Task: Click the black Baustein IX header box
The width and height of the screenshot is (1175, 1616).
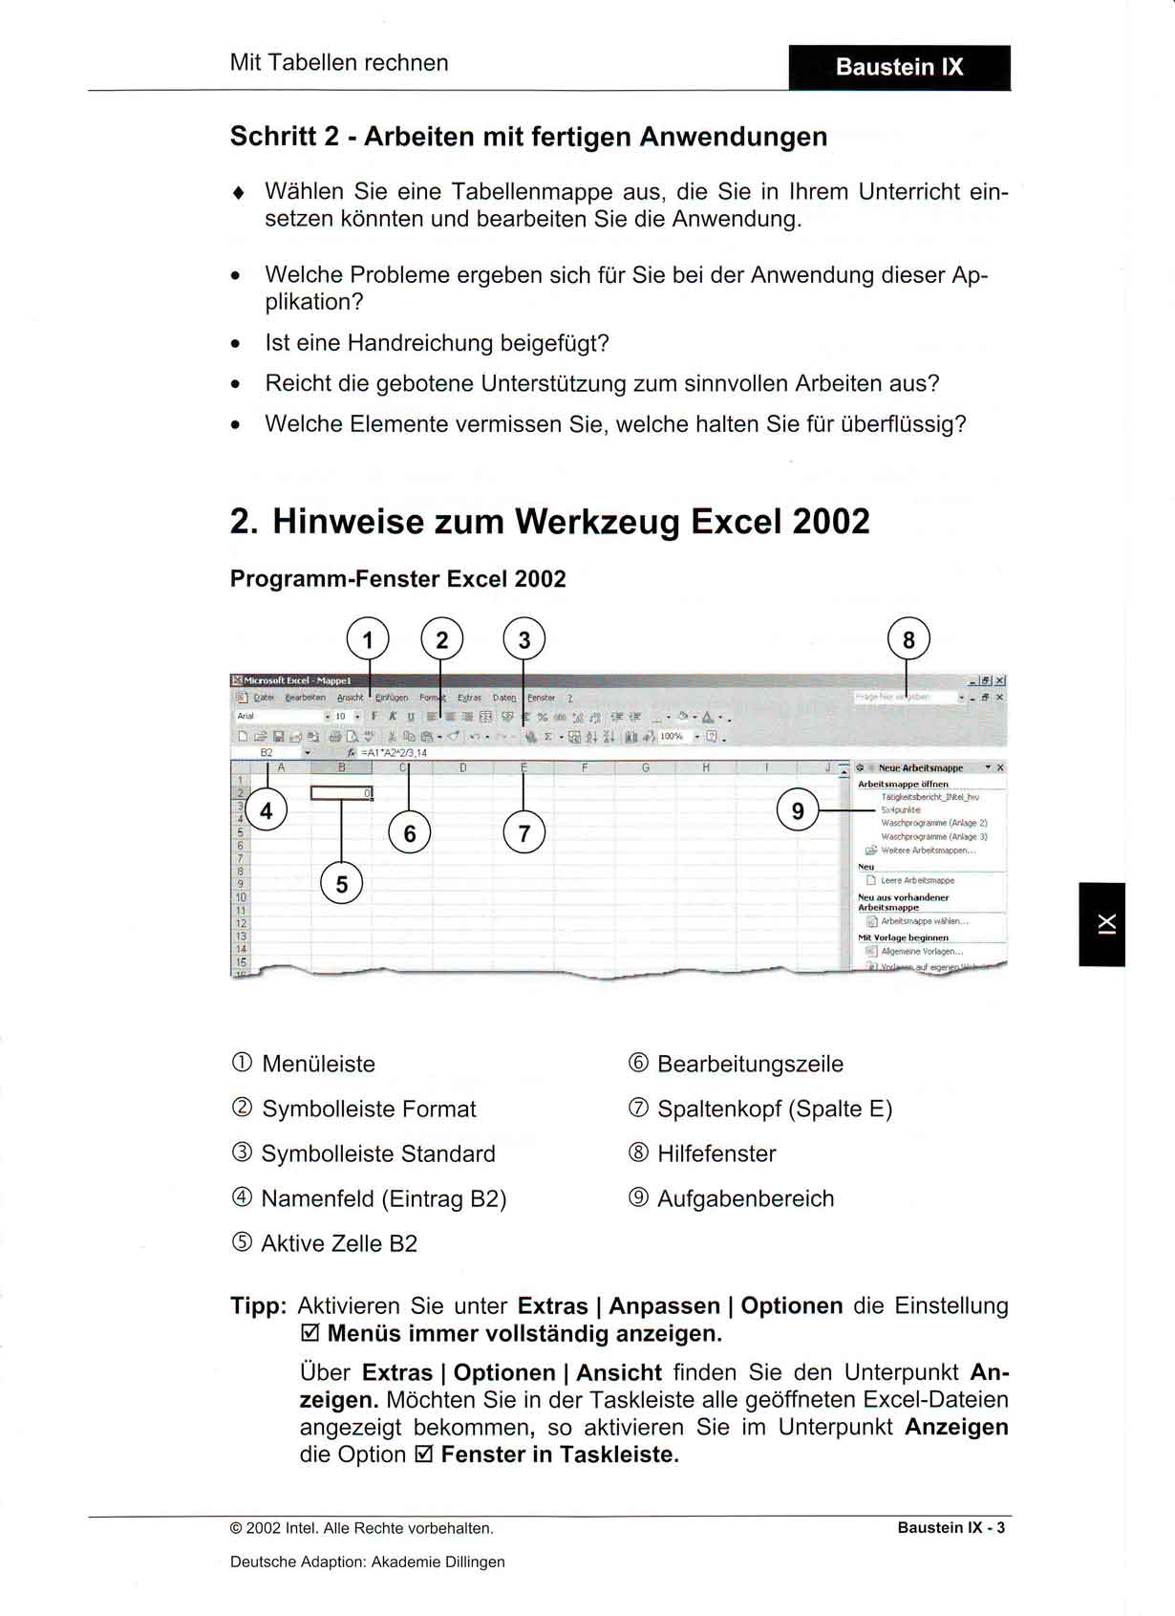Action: point(899,67)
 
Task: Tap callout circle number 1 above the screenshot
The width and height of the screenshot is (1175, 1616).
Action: point(368,639)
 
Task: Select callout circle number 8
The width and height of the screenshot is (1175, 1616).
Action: point(908,639)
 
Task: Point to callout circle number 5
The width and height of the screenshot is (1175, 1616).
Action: point(342,884)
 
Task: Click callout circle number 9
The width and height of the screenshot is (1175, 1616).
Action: point(798,811)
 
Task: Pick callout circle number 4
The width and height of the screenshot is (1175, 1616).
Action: point(267,811)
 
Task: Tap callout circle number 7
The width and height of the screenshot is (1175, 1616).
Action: point(523,833)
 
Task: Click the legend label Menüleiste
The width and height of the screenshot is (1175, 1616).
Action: point(318,1064)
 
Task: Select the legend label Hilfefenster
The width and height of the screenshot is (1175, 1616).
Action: point(716,1153)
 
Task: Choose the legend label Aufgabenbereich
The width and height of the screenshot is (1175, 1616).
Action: point(745,1198)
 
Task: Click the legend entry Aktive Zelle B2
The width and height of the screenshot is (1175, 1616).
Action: point(339,1243)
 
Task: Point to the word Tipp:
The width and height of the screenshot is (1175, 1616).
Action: point(258,1305)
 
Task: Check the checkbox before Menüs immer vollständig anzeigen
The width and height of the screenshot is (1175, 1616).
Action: point(310,1333)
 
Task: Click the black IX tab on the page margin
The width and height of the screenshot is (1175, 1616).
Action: point(1102,924)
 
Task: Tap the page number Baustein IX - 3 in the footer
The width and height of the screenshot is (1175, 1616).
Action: point(951,1527)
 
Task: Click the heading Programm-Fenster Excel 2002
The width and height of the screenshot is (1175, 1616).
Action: point(397,579)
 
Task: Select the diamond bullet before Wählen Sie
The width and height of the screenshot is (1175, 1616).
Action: point(238,192)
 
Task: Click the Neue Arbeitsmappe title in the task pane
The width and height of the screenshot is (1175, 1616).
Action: point(920,767)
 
